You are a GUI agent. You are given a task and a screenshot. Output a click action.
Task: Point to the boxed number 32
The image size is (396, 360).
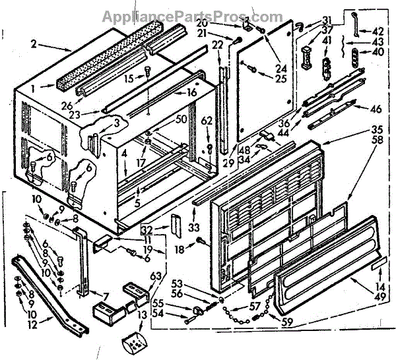click(x=147, y=231)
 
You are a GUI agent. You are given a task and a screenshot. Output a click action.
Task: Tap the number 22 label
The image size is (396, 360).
click(x=217, y=45)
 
